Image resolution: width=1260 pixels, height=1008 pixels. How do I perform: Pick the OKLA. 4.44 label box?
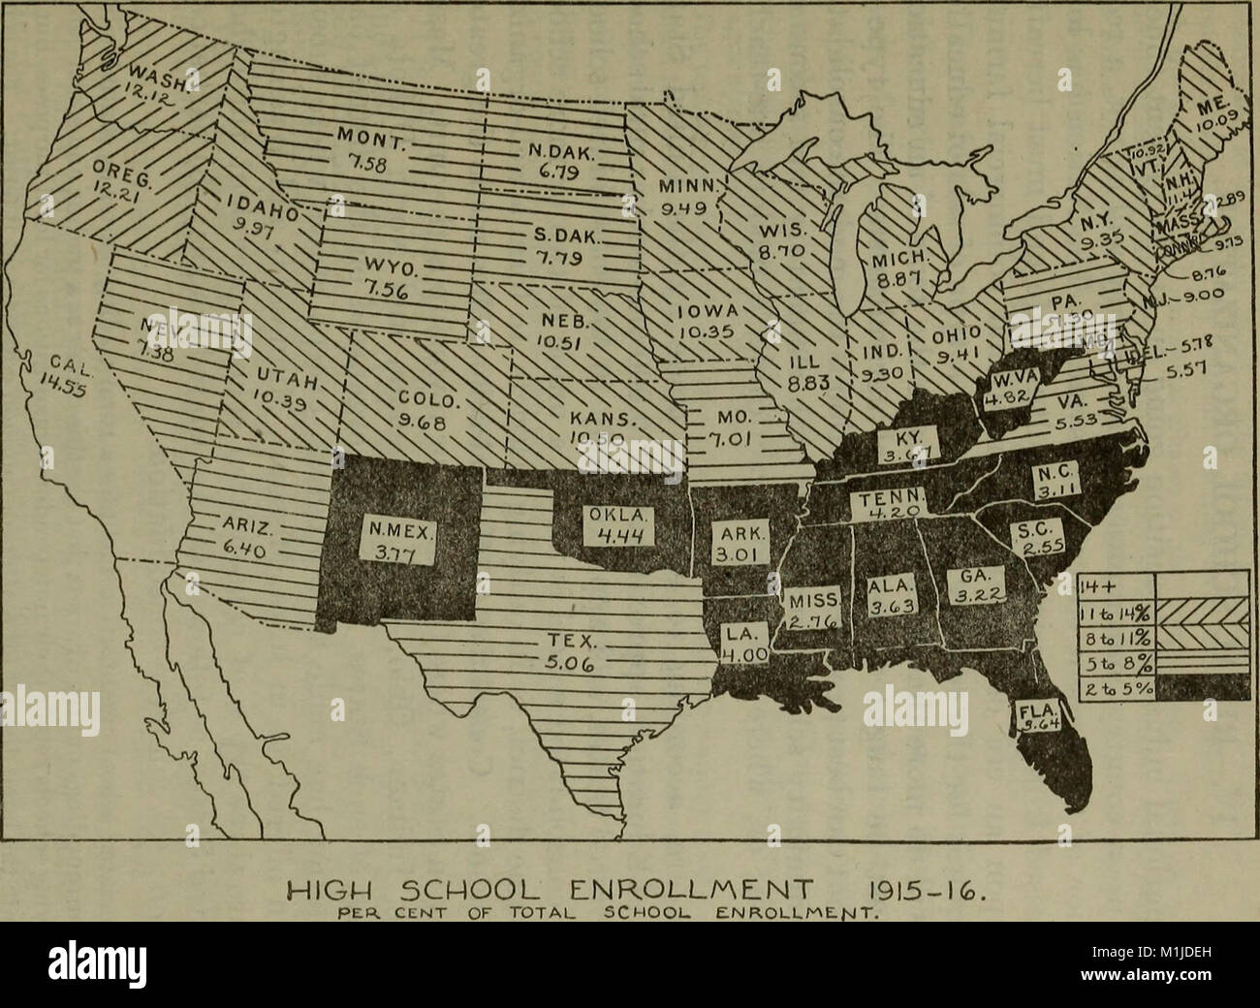pos(623,524)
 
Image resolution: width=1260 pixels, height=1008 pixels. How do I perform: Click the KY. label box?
pos(910,447)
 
